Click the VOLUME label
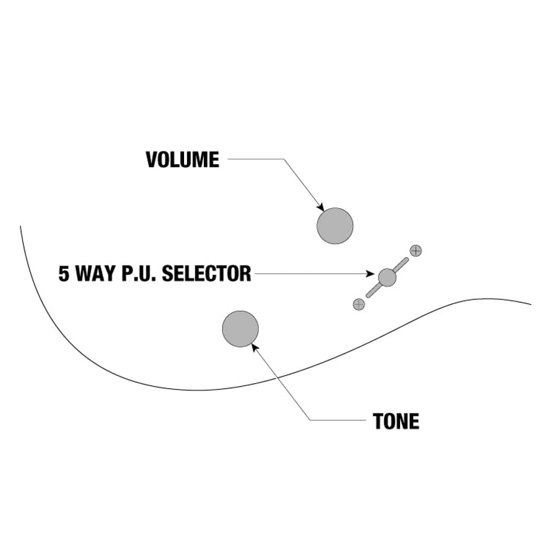(x=182, y=160)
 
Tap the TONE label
(x=396, y=421)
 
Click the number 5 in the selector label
(x=64, y=273)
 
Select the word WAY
(x=97, y=273)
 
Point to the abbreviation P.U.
(x=141, y=273)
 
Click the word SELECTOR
(x=207, y=273)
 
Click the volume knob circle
(x=335, y=226)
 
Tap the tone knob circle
(x=240, y=329)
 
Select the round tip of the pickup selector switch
(x=387, y=278)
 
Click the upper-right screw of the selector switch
(x=416, y=250)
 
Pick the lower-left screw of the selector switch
(x=359, y=304)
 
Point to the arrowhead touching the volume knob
(x=321, y=207)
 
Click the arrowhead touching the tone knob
(x=255, y=346)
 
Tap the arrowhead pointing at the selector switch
(x=370, y=274)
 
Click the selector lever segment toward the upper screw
(x=401, y=265)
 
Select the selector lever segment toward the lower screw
(x=373, y=291)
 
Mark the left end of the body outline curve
(x=21, y=227)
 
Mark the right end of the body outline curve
(x=530, y=304)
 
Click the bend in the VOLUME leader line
(x=283, y=160)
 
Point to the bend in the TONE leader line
(x=310, y=420)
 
